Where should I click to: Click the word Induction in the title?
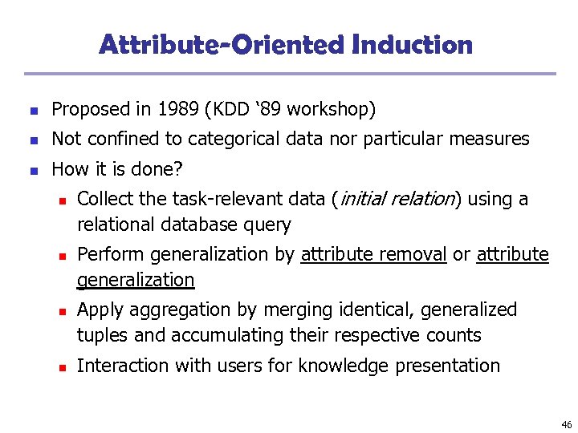coord(412,44)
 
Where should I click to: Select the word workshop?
coord(336,109)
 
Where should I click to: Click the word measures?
coord(494,139)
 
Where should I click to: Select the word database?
coord(201,225)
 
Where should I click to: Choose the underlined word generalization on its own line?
coord(136,280)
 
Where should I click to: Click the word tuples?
coord(101,335)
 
